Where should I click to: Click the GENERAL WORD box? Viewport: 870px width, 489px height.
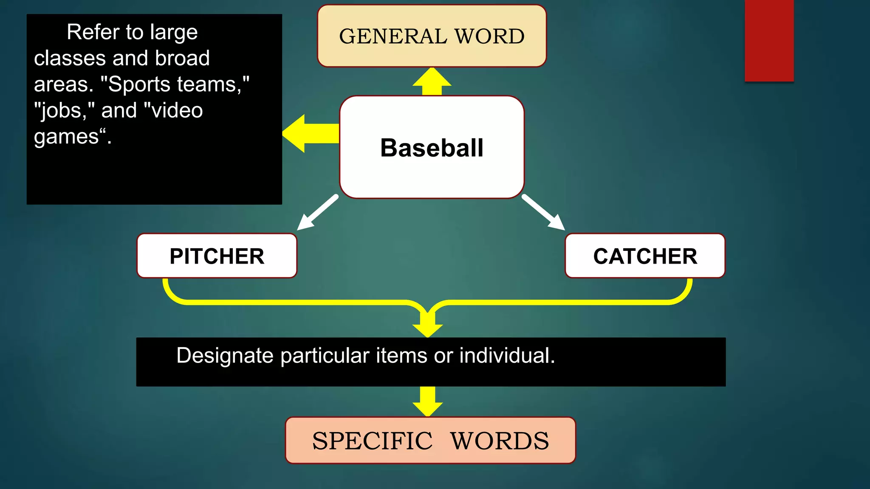pyautogui.click(x=432, y=36)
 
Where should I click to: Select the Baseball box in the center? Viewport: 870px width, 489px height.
pyautogui.click(x=432, y=147)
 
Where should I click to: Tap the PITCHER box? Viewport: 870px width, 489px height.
pyautogui.click(x=217, y=256)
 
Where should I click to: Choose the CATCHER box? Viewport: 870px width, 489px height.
pyautogui.click(x=645, y=256)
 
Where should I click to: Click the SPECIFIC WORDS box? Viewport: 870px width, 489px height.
pyautogui.click(x=430, y=440)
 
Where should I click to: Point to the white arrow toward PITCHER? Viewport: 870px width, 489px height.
pyautogui.click(x=316, y=213)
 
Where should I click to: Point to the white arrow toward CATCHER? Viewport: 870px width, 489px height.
pyautogui.click(x=544, y=213)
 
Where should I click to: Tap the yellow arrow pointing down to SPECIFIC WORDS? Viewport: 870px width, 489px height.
pyautogui.click(x=428, y=402)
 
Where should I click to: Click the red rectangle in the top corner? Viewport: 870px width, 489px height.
pyautogui.click(x=769, y=40)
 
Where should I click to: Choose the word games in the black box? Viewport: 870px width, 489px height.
pyautogui.click(x=67, y=137)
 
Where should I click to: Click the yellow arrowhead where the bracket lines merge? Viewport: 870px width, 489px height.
pyautogui.click(x=428, y=328)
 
